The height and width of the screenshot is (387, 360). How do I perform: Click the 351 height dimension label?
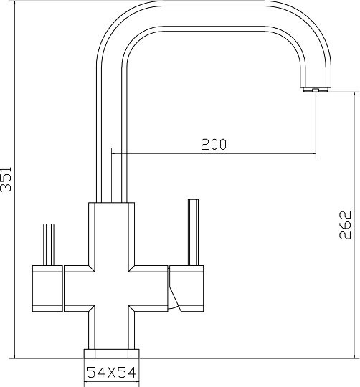pyautogui.click(x=6, y=179)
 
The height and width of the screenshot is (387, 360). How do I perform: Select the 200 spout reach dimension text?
pyautogui.click(x=214, y=144)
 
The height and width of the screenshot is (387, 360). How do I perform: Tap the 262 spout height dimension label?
pyautogui.click(x=345, y=225)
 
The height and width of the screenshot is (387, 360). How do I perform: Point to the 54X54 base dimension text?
pyautogui.click(x=111, y=373)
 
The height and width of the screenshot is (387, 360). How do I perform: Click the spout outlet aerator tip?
pyautogui.click(x=315, y=90)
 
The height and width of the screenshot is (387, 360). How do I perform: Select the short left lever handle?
pyautogui.click(x=49, y=244)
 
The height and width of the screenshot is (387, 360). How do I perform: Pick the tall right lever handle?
pyautogui.click(x=193, y=232)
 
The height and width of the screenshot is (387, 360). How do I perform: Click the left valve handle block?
pyautogui.click(x=47, y=289)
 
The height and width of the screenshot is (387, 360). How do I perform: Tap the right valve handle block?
pyautogui.click(x=186, y=289)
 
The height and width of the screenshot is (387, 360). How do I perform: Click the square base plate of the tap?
pyautogui.click(x=111, y=354)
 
